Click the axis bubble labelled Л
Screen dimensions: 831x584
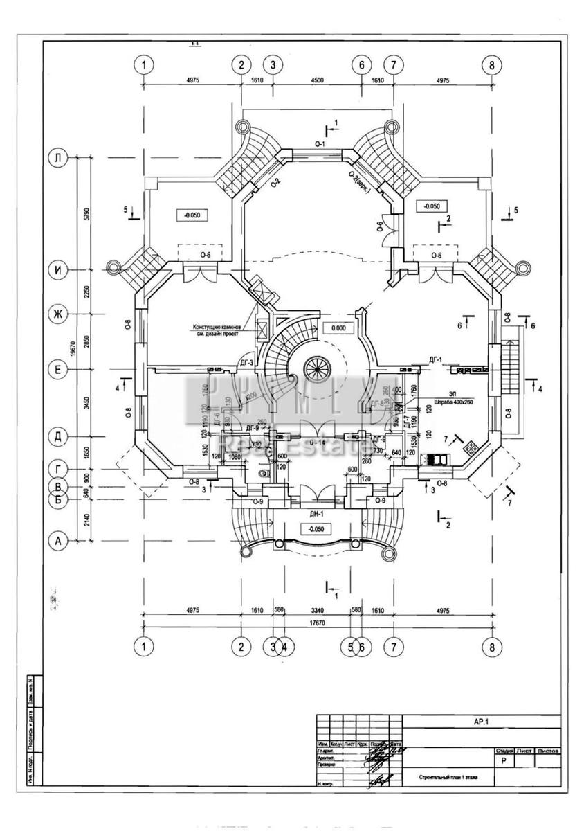(58, 158)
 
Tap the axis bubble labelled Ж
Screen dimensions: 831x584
(58, 314)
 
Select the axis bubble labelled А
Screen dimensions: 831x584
(58, 541)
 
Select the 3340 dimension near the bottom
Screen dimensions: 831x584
(316, 610)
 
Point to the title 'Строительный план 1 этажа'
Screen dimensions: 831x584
(447, 778)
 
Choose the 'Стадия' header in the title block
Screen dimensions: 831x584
(503, 751)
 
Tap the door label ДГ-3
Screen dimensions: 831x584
(246, 361)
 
